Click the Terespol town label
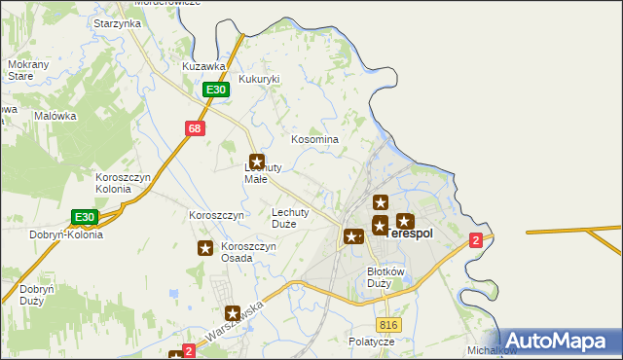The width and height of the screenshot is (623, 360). pyautogui.click(x=410, y=234)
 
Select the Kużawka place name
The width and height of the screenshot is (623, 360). pyautogui.click(x=204, y=66)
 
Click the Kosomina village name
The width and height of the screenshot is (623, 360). pyautogui.click(x=315, y=139)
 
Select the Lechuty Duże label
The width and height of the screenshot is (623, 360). pyautogui.click(x=290, y=217)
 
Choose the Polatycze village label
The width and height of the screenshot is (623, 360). pyautogui.click(x=372, y=342)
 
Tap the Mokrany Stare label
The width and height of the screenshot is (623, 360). pyautogui.click(x=28, y=69)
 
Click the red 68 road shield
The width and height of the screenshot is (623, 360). pyautogui.click(x=196, y=127)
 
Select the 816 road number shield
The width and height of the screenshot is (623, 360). pyautogui.click(x=389, y=324)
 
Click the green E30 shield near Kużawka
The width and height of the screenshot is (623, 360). pyautogui.click(x=216, y=90)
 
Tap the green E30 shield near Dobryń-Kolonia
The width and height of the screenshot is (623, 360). pyautogui.click(x=85, y=216)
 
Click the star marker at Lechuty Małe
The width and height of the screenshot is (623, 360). pyautogui.click(x=257, y=162)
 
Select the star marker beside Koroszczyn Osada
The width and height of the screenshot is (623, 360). pyautogui.click(x=205, y=248)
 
